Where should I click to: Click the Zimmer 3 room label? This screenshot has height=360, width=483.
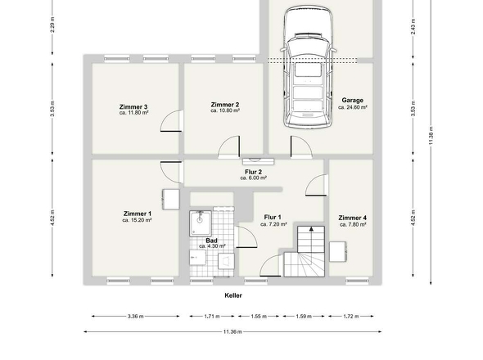click(133, 107)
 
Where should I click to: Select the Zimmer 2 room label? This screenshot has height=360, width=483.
click(224, 105)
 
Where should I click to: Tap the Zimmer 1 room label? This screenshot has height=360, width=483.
click(138, 214)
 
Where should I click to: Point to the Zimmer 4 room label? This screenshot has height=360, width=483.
click(353, 218)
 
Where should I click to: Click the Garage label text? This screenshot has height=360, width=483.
click(353, 101)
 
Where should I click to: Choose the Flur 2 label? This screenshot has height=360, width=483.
click(254, 171)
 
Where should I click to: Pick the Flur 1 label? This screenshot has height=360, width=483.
click(273, 218)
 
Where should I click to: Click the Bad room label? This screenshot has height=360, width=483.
click(211, 240)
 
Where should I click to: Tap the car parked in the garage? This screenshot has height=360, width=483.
click(308, 70)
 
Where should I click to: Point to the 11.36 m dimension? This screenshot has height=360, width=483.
click(233, 331)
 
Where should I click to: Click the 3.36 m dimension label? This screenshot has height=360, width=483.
click(135, 316)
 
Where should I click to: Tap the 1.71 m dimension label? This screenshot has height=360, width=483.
click(211, 316)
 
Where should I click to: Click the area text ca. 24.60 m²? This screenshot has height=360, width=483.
click(353, 107)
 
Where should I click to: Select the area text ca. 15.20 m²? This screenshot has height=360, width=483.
click(138, 220)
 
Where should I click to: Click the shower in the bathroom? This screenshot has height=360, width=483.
click(200, 222)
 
